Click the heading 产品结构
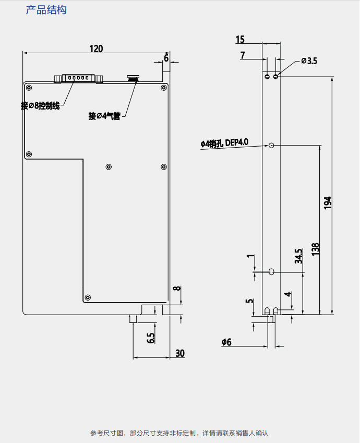[x=46, y=10]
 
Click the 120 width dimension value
[x=96, y=49]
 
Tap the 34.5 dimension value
[x=298, y=256]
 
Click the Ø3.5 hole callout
[x=309, y=61]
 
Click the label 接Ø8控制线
[x=40, y=105]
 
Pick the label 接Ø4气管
[x=104, y=116]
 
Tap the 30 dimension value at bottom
[x=179, y=353]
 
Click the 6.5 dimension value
[x=151, y=338]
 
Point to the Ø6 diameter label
[x=226, y=342]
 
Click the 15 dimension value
[x=240, y=39]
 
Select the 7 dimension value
[x=243, y=55]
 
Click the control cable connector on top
[x=78, y=79]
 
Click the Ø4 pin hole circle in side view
[x=272, y=145]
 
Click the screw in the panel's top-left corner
[x=29, y=88]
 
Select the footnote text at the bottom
[x=179, y=433]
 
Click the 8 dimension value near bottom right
[x=177, y=289]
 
